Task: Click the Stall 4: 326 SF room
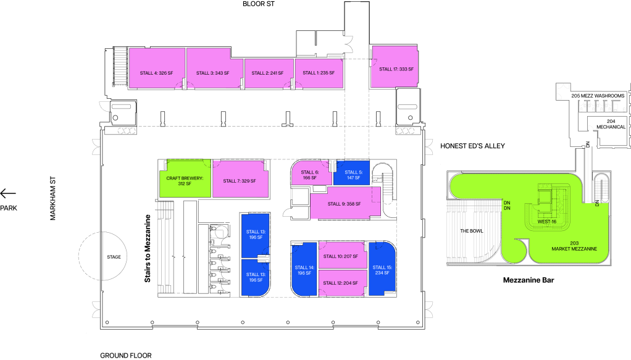pos(157,68)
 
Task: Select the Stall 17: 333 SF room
pos(395,67)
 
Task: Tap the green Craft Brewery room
pos(185,178)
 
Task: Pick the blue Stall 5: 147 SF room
pos(352,173)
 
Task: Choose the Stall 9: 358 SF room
pos(345,203)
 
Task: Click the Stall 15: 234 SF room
pos(382,269)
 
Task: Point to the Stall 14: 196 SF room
pos(304,269)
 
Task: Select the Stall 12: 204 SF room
pos(343,283)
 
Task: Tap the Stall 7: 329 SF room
pos(240,179)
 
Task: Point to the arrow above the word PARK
pos(8,194)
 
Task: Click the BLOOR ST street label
pos(258,4)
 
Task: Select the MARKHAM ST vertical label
pos(52,198)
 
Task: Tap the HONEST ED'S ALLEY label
pos(472,146)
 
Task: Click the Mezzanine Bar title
pos(529,280)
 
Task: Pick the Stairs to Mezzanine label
pos(148,248)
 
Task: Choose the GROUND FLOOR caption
pos(126,355)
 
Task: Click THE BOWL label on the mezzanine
pos(472,231)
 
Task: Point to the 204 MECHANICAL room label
pos(611,124)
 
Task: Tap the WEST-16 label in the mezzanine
pos(547,222)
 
